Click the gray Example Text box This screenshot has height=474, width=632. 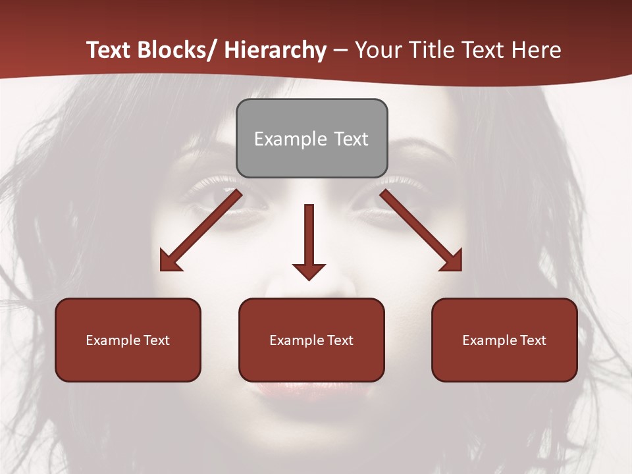click(311, 139)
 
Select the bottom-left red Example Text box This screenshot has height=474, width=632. click(128, 340)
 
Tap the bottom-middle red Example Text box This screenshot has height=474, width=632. click(311, 340)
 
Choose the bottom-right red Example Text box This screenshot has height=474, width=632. click(504, 340)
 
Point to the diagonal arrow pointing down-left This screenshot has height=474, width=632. click(201, 230)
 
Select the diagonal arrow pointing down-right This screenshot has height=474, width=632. click(421, 230)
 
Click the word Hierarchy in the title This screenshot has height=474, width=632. click(275, 51)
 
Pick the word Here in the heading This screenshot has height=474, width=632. click(538, 51)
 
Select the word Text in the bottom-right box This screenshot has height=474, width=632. click(532, 340)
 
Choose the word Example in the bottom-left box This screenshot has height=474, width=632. click(113, 340)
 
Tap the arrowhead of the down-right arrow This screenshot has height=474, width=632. click(452, 262)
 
